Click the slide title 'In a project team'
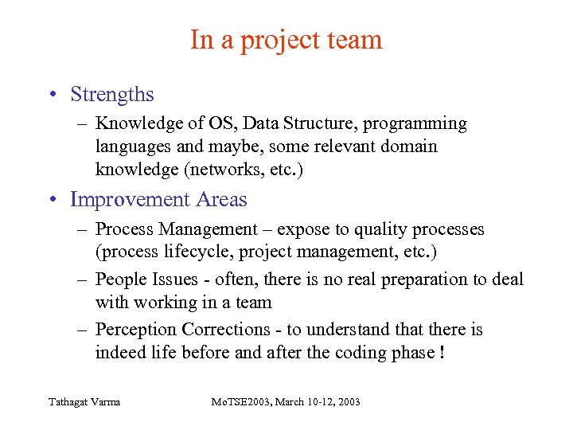coord(286,40)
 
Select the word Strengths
coord(112,95)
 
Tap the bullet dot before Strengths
coord(52,96)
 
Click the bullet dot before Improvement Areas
coord(52,200)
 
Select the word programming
coord(415,124)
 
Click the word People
coord(120,279)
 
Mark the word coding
coord(362,353)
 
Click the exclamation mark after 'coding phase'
coord(441,352)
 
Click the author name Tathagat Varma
coord(84,401)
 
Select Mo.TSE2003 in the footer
coord(233,401)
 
